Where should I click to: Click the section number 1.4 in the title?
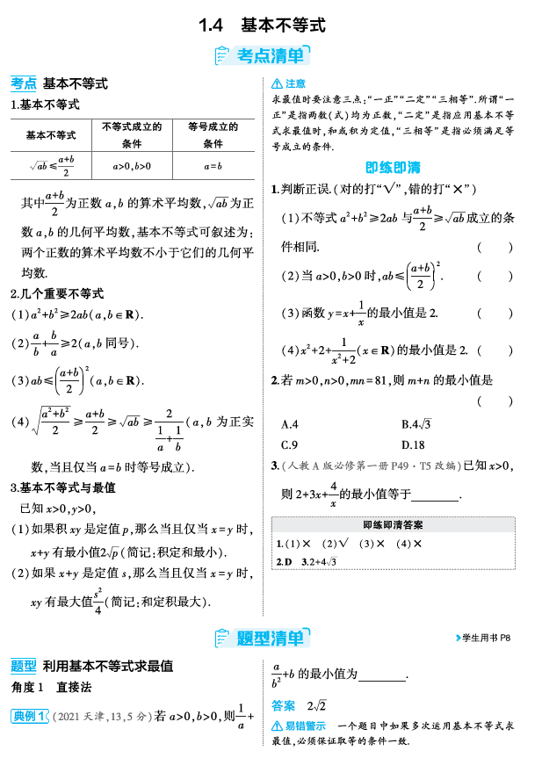click(213, 25)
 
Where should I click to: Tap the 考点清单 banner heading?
click(271, 56)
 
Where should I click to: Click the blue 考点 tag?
click(24, 83)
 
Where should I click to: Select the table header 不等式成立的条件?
click(132, 134)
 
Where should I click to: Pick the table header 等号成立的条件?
click(213, 134)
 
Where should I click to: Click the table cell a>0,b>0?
click(132, 165)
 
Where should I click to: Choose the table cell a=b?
click(213, 165)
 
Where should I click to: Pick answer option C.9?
click(290, 444)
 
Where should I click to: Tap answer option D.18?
click(413, 444)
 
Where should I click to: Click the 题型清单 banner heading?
click(271, 638)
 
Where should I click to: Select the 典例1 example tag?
click(29, 716)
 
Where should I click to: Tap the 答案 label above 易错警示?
click(284, 704)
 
